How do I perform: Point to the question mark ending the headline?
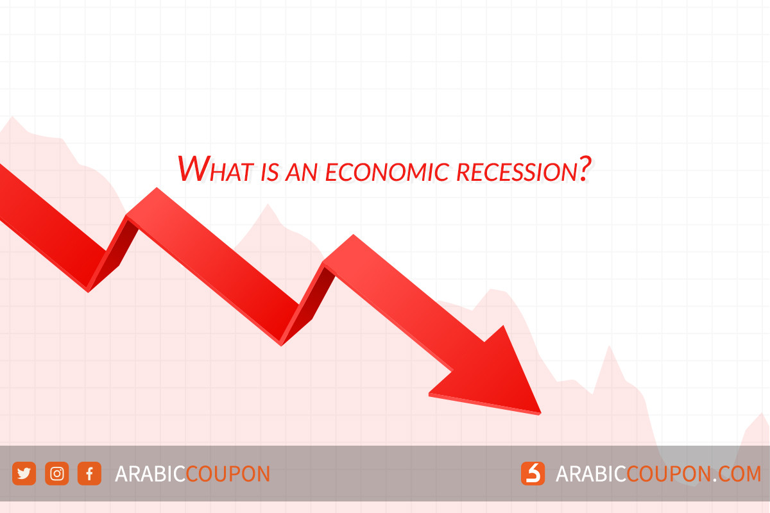coord(583,169)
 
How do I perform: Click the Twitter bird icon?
coord(24,474)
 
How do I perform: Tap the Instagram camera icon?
coord(56,474)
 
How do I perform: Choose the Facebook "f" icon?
coord(89,474)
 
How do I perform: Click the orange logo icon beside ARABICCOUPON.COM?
coord(533,474)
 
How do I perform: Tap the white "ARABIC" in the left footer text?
coord(150,474)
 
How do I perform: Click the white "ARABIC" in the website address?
coord(590,474)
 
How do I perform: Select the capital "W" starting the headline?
coord(192,168)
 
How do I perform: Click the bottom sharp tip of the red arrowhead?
coord(540,413)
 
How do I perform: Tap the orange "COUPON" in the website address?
coord(667,474)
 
